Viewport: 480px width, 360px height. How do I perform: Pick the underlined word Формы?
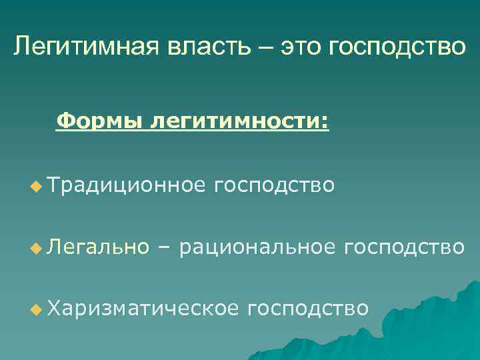101,121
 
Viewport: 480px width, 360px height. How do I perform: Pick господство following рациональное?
404,247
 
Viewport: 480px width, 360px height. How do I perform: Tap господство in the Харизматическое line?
307,308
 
